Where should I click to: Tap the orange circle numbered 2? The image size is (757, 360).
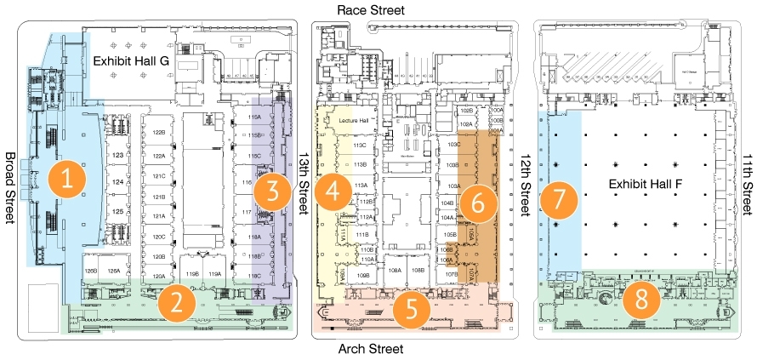[177, 300]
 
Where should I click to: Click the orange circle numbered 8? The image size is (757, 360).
[635, 300]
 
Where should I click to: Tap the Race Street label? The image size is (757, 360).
[371, 9]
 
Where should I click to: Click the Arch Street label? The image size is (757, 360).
[369, 349]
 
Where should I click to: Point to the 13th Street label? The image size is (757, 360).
[305, 189]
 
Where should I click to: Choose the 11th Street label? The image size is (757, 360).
[747, 189]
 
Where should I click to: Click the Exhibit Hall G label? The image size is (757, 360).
[131, 61]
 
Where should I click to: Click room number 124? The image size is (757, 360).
[118, 181]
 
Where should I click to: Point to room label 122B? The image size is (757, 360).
[158, 133]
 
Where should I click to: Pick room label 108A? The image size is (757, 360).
[395, 269]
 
